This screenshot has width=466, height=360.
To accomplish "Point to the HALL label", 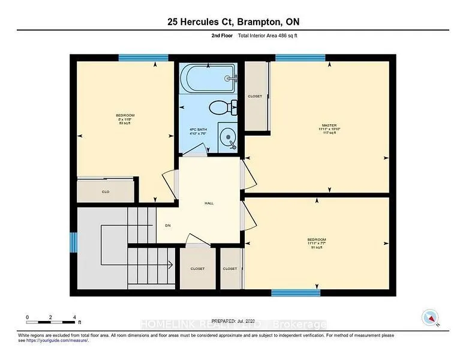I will (x=209, y=203).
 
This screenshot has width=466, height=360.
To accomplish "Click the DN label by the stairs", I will (x=169, y=226).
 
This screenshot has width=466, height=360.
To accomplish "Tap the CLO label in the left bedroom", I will (x=104, y=192).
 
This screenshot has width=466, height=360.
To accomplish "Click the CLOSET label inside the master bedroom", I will (x=255, y=96).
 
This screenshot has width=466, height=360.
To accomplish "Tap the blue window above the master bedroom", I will (x=300, y=58).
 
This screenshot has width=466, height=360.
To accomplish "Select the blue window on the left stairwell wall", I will (x=74, y=242).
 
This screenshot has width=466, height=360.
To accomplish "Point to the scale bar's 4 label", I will (x=74, y=317).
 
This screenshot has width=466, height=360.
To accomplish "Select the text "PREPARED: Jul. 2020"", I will (x=245, y=323).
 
